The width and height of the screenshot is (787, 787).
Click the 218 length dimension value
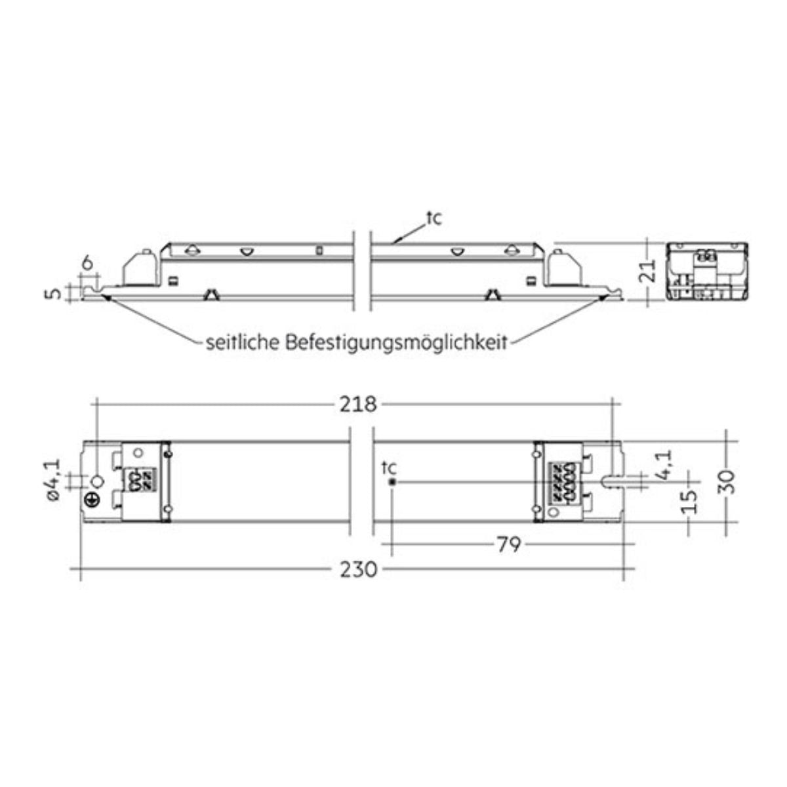point(358,405)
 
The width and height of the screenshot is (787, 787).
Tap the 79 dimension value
point(510,544)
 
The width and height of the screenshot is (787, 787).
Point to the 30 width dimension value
point(727,482)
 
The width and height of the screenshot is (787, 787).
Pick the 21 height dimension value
point(648,270)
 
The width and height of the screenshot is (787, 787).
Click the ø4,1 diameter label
point(52,479)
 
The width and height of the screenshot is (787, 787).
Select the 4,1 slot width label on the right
point(663,464)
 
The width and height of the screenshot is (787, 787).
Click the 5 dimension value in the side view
point(52,293)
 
